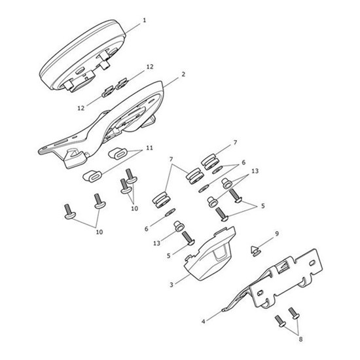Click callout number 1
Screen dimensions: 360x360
(144, 20)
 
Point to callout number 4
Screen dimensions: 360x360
(203, 321)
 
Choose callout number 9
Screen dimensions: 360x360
(276, 232)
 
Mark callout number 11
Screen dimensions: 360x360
(149, 149)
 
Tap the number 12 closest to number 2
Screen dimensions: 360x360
(150, 67)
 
